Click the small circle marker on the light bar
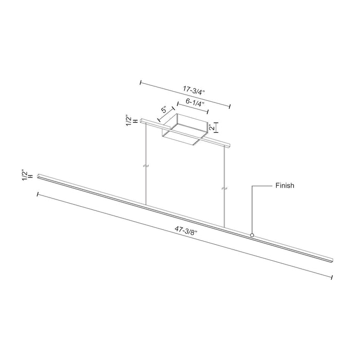tap(252, 235)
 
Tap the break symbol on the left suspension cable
tap(146, 166)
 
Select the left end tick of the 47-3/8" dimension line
tap(38, 194)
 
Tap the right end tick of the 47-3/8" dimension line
tap(332, 277)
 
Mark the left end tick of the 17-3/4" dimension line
tap(141, 81)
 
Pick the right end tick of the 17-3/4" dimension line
tap(229, 106)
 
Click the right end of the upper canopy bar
tap(229, 145)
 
